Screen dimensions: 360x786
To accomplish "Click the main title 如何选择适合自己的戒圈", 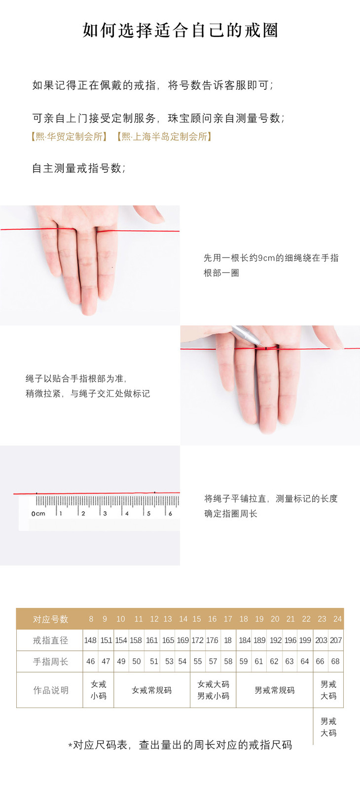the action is click(x=180, y=30).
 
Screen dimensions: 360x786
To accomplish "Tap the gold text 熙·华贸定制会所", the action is click(x=69, y=137).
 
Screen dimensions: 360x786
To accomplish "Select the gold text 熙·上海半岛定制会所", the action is click(x=165, y=137).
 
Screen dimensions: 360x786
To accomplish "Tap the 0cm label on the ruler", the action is click(x=38, y=514).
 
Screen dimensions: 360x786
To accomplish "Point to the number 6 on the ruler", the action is click(x=170, y=513).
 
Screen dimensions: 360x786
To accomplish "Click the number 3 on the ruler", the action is click(x=105, y=513).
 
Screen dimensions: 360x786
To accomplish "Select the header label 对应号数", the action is click(x=50, y=619).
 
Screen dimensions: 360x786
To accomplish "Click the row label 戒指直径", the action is click(x=50, y=640).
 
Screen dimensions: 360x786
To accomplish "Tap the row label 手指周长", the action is click(x=50, y=662).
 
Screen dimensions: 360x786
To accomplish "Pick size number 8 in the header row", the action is click(x=91, y=619).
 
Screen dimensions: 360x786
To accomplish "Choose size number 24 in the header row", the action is click(x=337, y=619).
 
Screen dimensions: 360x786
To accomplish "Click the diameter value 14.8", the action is click(x=90, y=640).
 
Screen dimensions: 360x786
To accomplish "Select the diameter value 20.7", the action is click(x=336, y=640).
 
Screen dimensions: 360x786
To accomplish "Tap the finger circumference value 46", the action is click(x=91, y=662).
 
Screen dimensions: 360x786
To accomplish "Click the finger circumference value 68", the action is click(x=335, y=662).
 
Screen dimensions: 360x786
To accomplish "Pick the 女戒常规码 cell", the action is click(x=151, y=690).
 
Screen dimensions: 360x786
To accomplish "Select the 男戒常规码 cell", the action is click(x=274, y=690).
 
